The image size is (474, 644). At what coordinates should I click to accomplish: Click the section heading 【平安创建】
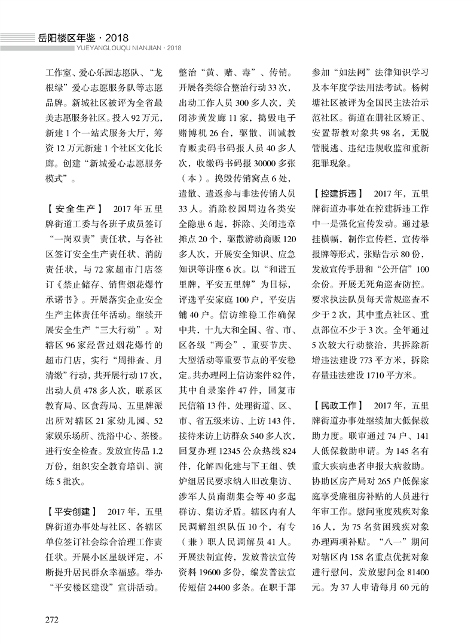click(x=72, y=511)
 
